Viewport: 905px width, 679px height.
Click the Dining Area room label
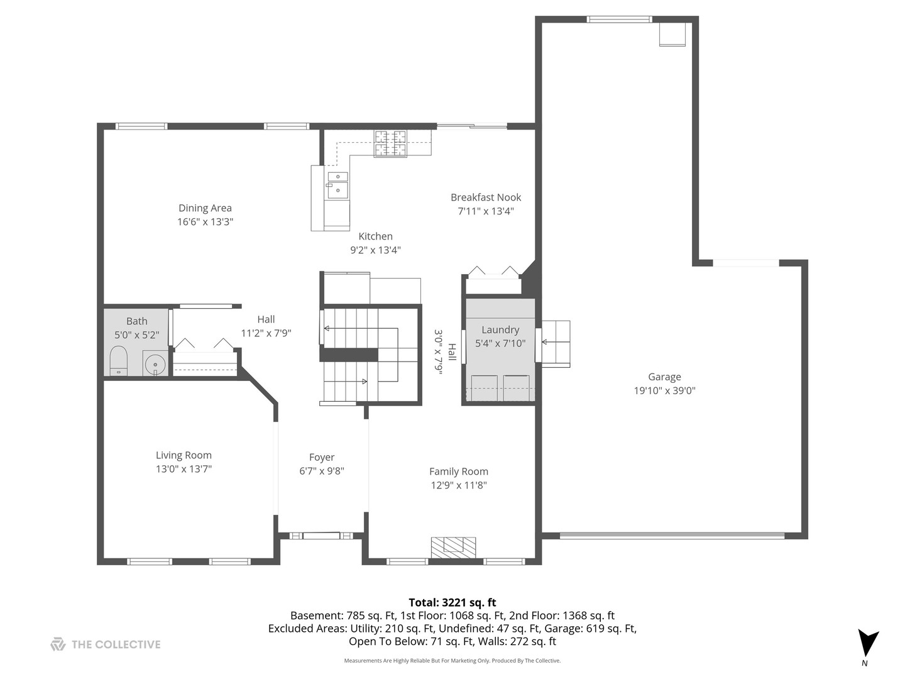coord(205,208)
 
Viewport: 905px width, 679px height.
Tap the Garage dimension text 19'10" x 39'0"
coord(664,390)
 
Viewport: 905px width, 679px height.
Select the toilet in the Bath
coord(118,363)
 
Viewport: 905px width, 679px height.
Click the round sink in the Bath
coord(154,364)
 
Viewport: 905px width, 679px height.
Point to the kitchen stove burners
coord(390,143)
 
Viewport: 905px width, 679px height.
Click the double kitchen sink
coord(337,183)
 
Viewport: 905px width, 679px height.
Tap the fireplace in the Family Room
coord(453,546)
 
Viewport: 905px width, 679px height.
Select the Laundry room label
coord(500,329)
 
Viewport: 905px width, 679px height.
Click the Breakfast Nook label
coord(486,197)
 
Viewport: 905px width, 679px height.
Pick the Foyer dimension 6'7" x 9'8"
coord(322,471)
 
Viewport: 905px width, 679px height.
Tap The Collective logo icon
coord(58,644)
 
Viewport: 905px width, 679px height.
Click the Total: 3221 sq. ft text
coord(452,602)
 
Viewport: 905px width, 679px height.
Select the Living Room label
coord(184,455)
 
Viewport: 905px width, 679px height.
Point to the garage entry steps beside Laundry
coord(556,343)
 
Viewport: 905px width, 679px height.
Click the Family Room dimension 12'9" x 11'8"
coord(459,485)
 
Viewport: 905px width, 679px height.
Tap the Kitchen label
coord(375,236)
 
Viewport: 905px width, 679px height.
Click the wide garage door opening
coord(672,536)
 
